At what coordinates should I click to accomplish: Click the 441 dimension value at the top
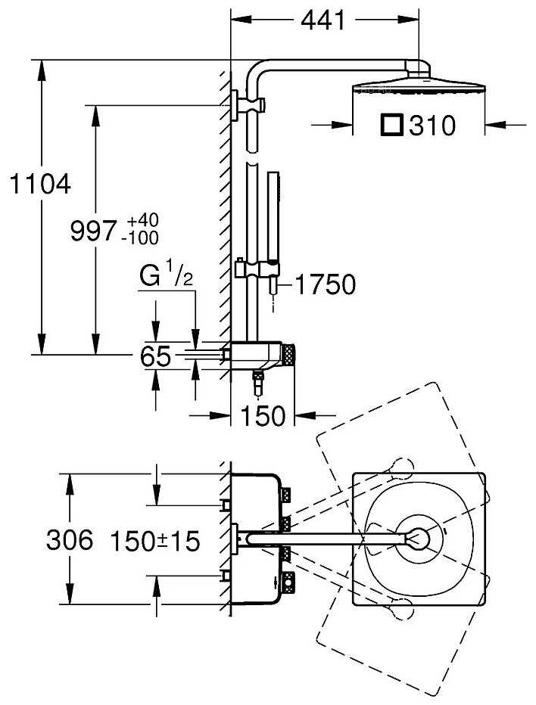[x=323, y=20]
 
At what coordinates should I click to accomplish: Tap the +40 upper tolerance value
[x=142, y=221]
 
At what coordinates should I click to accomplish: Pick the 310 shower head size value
[x=432, y=126]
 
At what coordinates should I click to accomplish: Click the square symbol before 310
[x=391, y=125]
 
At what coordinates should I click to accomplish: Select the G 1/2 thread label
[x=167, y=277]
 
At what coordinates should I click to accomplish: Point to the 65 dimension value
[x=156, y=356]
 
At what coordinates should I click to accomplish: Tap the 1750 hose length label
[x=324, y=284]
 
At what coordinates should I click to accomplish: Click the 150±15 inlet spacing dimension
[x=154, y=541]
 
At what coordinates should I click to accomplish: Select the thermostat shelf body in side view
[x=254, y=352]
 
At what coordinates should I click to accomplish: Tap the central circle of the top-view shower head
[x=417, y=538]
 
